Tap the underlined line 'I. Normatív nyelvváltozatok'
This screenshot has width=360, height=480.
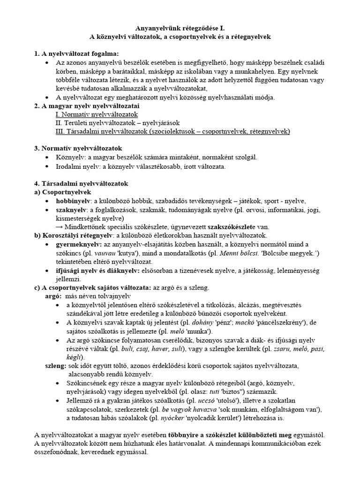pos(96,114)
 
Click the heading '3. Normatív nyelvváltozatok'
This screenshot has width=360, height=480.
pos(78,149)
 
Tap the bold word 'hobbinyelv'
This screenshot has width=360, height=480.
pos(74,201)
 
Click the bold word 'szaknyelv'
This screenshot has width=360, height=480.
pos(72,210)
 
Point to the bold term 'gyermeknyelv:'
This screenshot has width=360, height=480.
pos(78,244)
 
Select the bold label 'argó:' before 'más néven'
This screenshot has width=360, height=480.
pos(53,296)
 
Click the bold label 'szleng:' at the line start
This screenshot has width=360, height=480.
pos(54,365)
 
